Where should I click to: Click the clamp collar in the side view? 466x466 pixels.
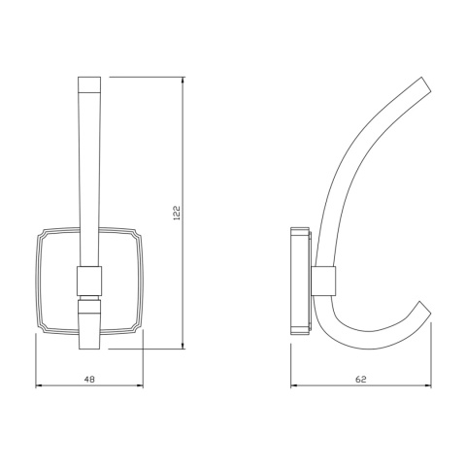click(325, 280)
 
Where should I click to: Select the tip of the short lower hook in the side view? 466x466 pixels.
click(423, 308)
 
